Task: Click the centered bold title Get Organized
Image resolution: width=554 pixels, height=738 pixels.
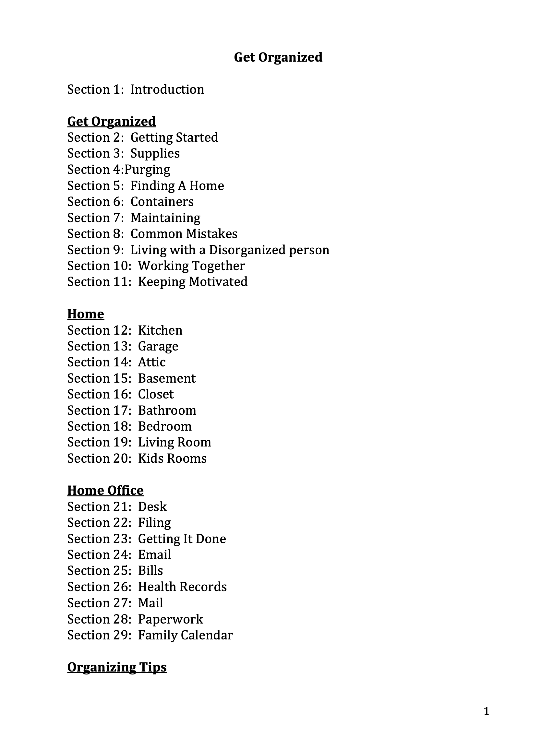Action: click(x=278, y=57)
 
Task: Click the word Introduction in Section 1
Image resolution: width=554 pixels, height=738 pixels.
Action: click(x=167, y=89)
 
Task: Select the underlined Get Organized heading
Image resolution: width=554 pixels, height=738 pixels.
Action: click(x=112, y=122)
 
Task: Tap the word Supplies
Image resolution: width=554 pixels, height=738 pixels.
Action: click(x=155, y=153)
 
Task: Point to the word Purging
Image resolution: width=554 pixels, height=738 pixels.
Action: click(x=147, y=170)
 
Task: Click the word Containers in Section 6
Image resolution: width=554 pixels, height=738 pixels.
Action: click(x=162, y=202)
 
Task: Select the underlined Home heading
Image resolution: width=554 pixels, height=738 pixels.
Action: click(x=85, y=314)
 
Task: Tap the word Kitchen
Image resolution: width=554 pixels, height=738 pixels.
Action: click(x=160, y=330)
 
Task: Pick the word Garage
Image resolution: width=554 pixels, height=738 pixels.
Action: click(x=158, y=346)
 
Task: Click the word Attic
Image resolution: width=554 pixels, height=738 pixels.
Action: click(x=151, y=362)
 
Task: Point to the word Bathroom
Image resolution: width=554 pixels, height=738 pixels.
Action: click(x=167, y=411)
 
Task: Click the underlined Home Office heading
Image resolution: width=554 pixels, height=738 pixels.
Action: click(x=105, y=491)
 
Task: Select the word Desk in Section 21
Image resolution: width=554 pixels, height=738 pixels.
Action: click(x=152, y=507)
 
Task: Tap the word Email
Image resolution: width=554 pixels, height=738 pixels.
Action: click(x=154, y=555)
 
